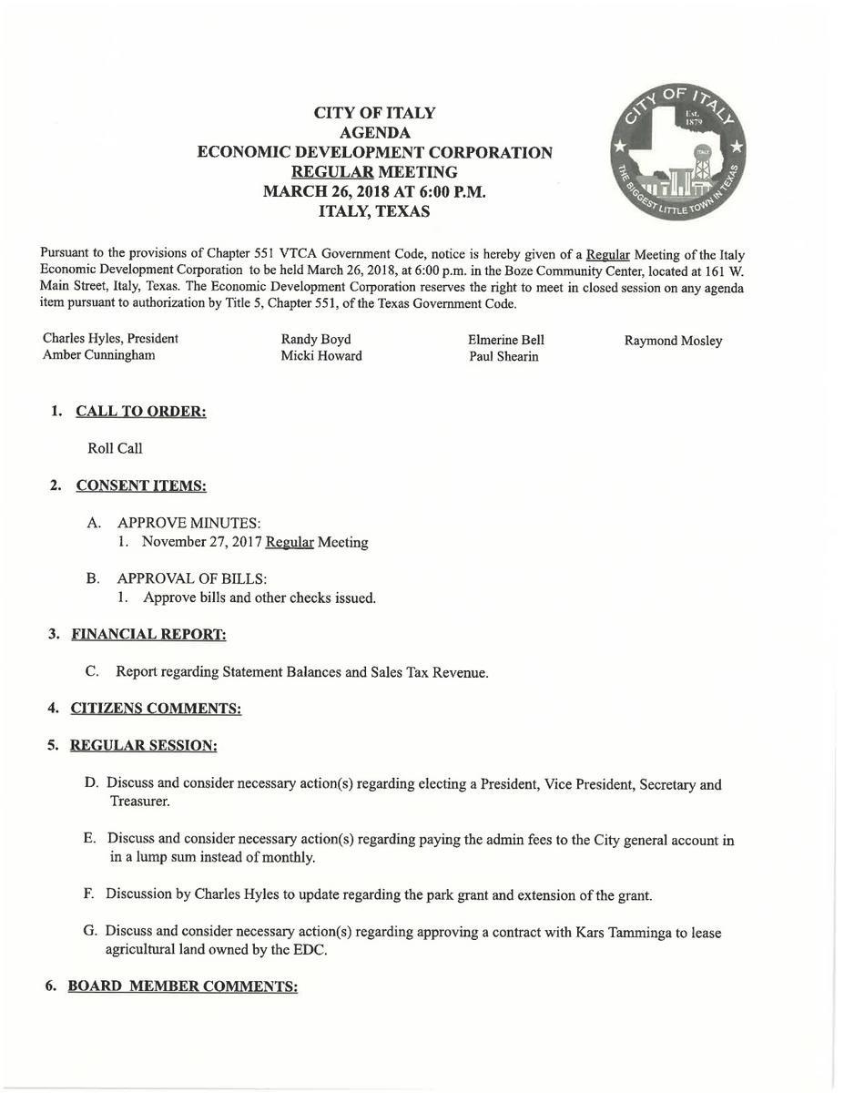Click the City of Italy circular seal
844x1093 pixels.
click(x=677, y=159)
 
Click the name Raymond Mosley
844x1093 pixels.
click(x=673, y=341)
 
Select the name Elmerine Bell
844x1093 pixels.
click(x=506, y=340)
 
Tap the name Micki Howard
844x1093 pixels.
click(x=321, y=356)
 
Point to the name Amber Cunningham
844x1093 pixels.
click(x=98, y=355)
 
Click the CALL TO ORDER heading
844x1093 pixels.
click(x=141, y=412)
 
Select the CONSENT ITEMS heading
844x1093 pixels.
click(x=141, y=486)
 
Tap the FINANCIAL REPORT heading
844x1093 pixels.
click(x=148, y=634)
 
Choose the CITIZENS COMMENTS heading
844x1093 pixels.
click(x=156, y=708)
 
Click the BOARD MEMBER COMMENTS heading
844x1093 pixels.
click(x=182, y=986)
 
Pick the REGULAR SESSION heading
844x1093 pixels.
click(x=143, y=745)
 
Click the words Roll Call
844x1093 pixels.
click(x=115, y=448)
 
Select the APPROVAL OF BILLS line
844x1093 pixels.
click(x=191, y=578)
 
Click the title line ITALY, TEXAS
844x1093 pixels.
click(x=374, y=211)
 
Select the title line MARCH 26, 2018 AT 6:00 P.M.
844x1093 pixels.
click(x=374, y=191)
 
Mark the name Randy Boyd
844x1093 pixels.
click(x=316, y=340)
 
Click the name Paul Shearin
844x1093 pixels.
click(x=503, y=356)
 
